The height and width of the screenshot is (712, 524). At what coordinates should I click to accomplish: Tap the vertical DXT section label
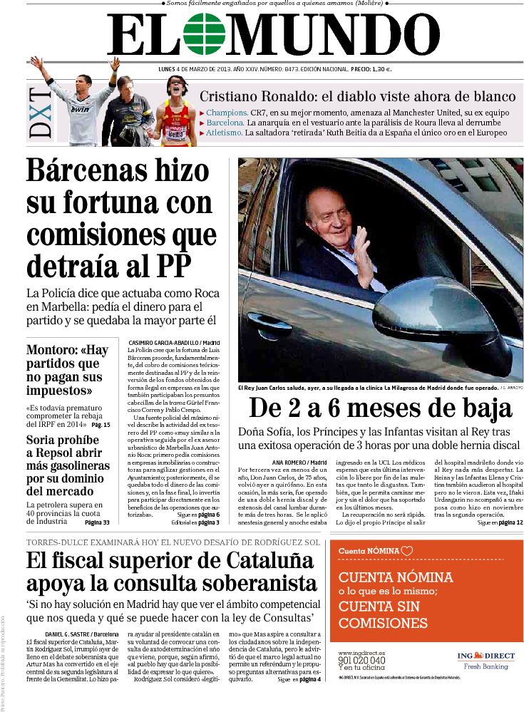tap(41, 112)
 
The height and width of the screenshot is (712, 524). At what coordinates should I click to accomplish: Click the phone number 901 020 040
tap(361, 661)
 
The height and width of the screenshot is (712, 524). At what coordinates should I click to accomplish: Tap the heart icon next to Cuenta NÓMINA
tap(407, 550)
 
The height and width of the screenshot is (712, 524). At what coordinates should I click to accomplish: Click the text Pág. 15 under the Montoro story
tap(101, 425)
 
